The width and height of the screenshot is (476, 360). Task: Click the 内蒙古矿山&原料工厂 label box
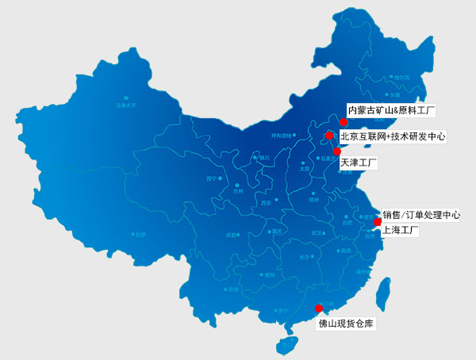393,109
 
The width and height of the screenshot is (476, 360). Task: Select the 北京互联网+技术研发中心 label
393,136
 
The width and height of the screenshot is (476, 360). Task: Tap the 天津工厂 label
358,163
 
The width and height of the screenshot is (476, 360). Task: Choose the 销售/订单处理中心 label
420,214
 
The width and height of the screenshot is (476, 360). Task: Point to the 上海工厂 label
400,231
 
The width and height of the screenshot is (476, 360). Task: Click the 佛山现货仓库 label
346,324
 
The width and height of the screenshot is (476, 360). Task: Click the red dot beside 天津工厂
337,151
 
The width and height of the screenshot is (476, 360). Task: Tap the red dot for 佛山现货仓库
319,308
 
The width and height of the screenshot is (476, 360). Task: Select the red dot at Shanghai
378,222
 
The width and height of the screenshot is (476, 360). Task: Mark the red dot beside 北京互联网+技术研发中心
329,136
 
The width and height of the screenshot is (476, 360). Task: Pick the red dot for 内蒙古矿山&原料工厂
343,122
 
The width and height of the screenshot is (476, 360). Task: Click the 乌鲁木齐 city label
126,105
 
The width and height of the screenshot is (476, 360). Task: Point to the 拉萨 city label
140,235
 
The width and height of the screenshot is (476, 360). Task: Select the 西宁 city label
211,179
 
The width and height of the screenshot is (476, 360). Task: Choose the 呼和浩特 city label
283,136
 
